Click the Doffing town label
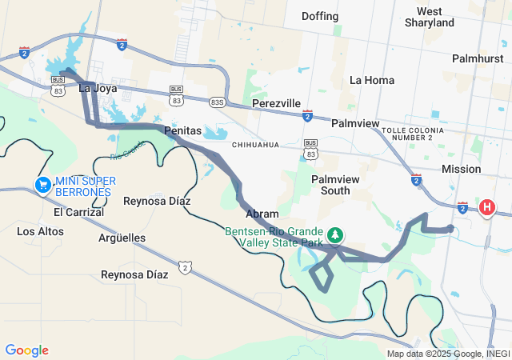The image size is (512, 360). click(320, 16)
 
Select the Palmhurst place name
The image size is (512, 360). click(477, 58)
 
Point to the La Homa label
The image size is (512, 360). click(373, 80)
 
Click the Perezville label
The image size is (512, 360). click(276, 104)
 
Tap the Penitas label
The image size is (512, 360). click(182, 130)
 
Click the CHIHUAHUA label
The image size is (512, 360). click(255, 145)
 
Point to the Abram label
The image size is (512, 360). click(262, 214)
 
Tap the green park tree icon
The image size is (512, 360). click(337, 234)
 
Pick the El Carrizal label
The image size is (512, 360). click(78, 212)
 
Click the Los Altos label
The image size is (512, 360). click(41, 231)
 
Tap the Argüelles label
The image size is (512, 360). click(122, 238)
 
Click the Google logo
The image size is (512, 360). click(26, 350)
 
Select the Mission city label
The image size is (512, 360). click(462, 169)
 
